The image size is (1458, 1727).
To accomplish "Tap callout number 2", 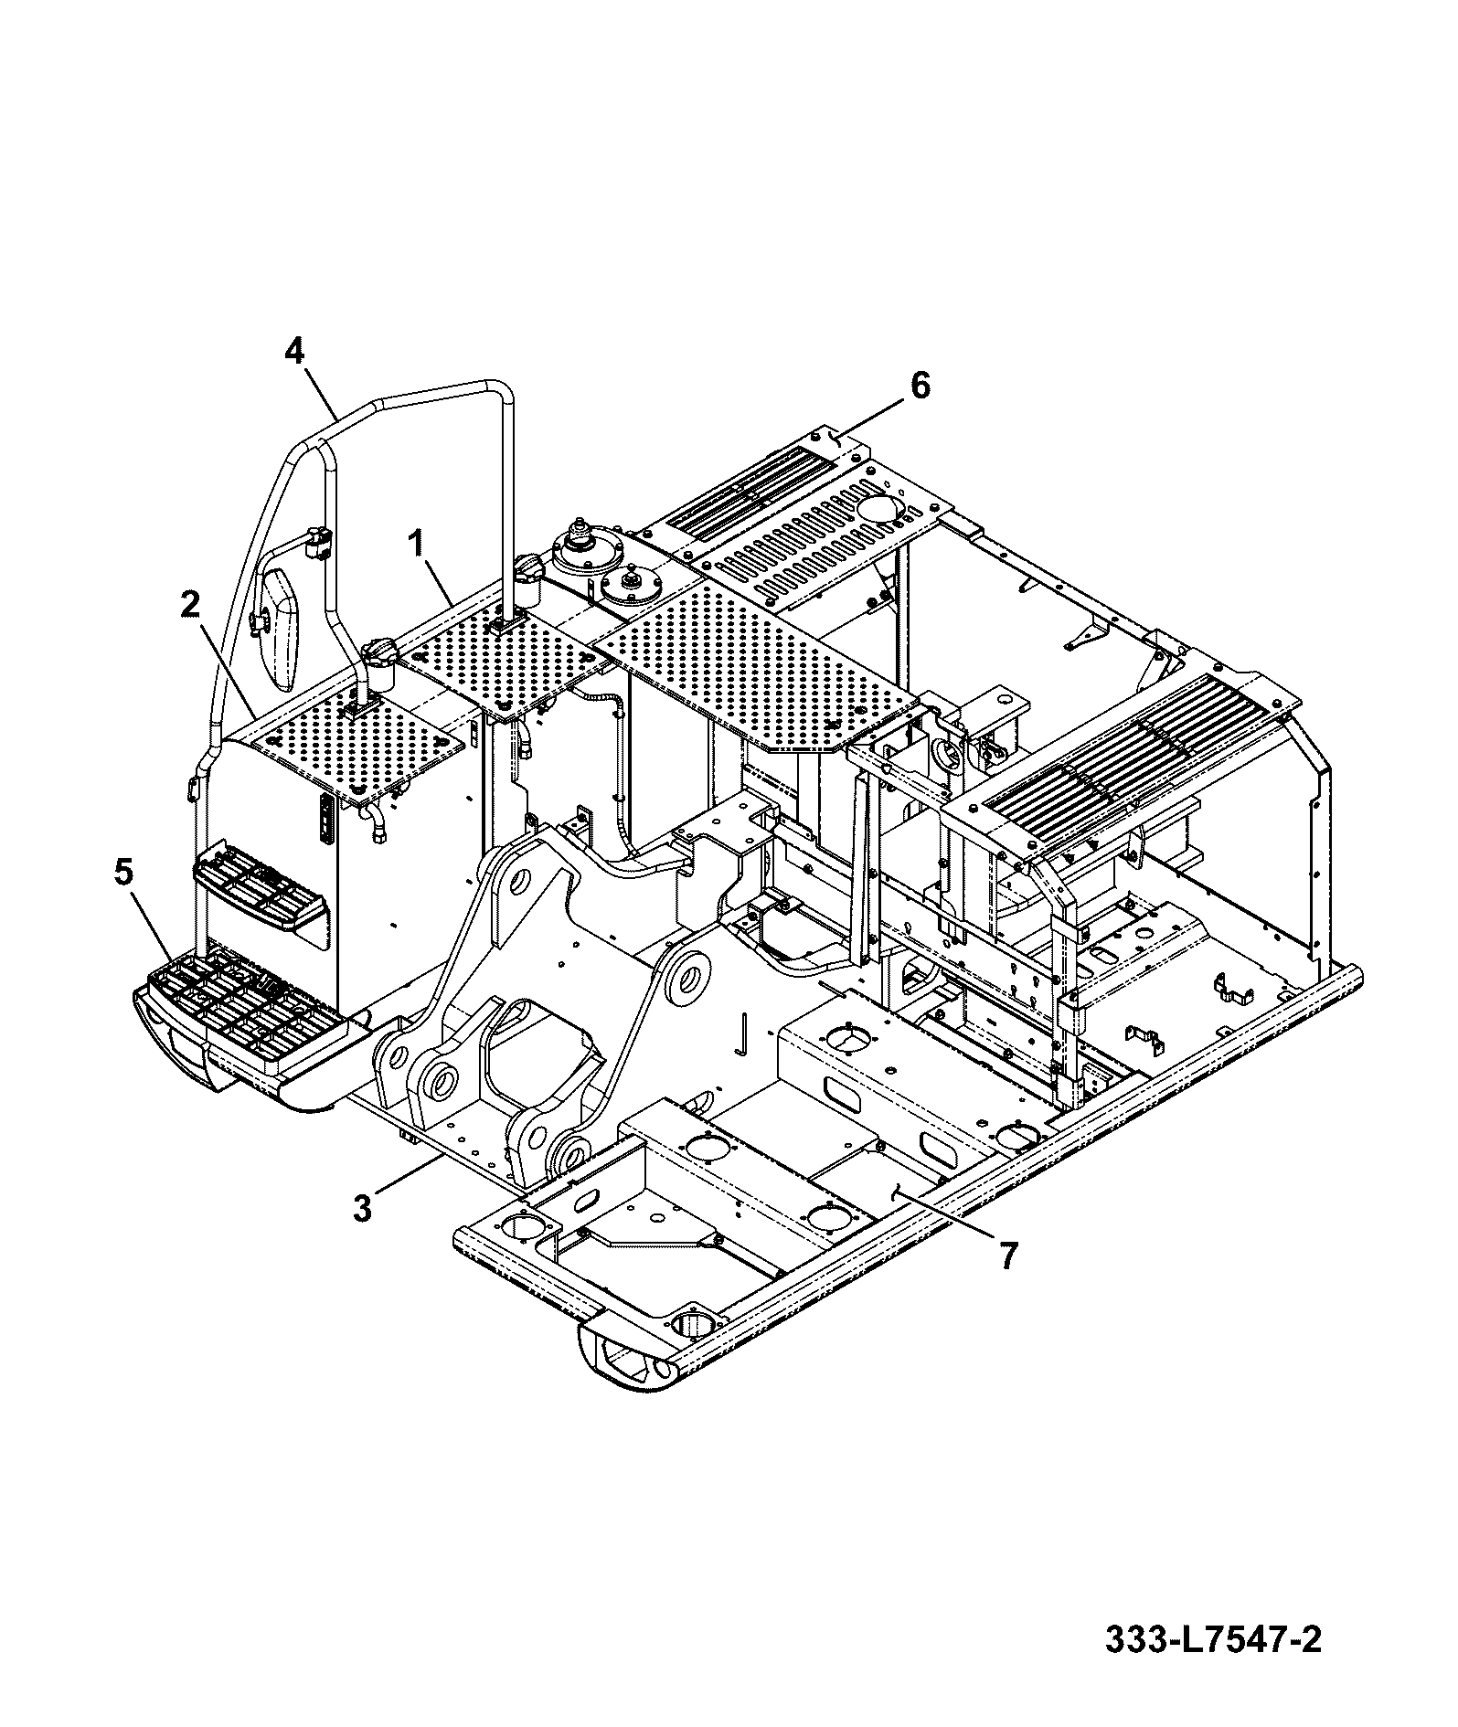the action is coord(189,604).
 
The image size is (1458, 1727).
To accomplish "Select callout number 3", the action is coord(363,1208).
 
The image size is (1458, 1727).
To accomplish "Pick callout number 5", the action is coord(123,873).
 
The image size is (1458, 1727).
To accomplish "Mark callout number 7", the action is coord(1006,1256).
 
